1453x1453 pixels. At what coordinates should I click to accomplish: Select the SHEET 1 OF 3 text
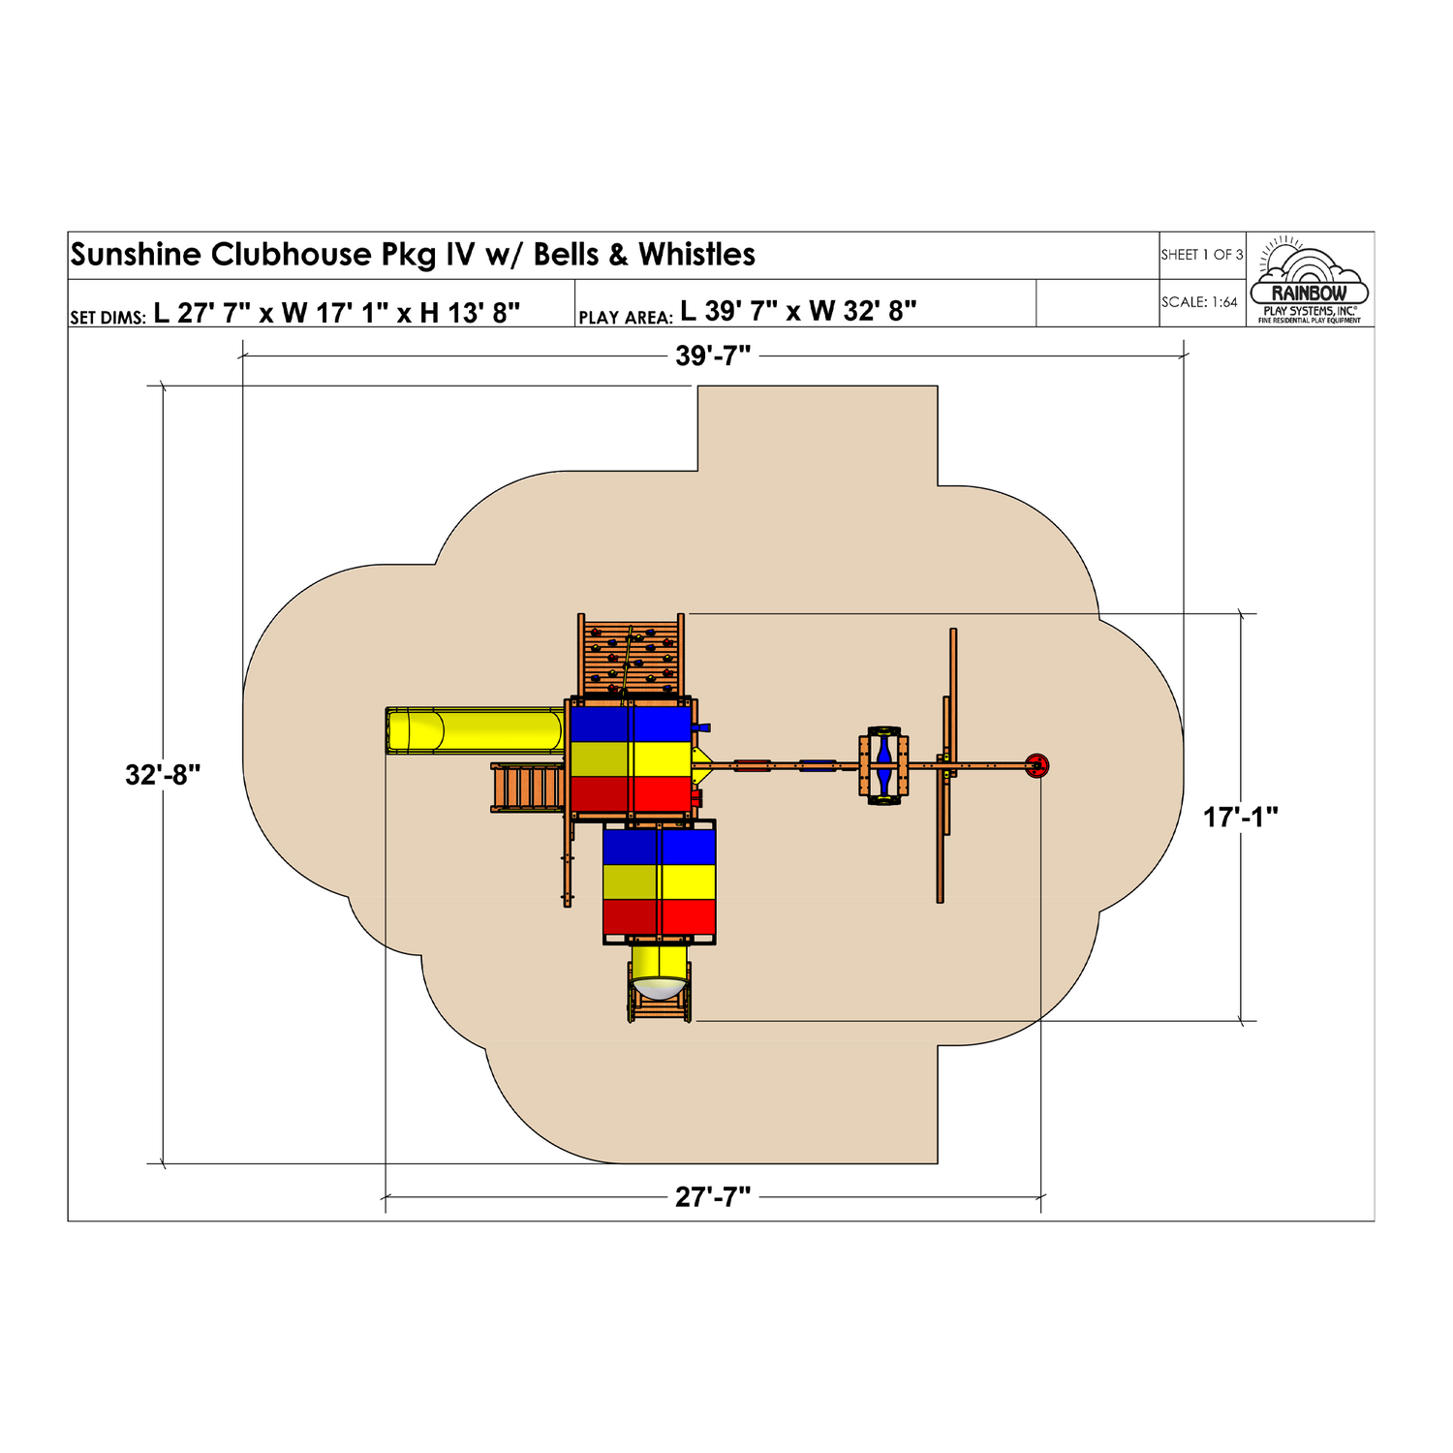click(1201, 255)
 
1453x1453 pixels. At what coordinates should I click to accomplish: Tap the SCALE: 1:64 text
click(1199, 302)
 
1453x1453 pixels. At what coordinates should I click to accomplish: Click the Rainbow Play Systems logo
click(1309, 281)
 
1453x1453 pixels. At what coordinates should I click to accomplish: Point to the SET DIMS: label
click(108, 317)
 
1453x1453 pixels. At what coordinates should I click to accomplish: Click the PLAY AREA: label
click(625, 317)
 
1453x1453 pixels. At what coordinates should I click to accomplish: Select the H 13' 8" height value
click(470, 312)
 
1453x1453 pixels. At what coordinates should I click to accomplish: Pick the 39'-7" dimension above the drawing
click(713, 356)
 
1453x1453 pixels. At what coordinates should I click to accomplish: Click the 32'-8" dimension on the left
click(163, 775)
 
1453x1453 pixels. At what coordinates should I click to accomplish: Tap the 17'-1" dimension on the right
click(1240, 818)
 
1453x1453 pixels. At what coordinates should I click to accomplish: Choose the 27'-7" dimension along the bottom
click(713, 1198)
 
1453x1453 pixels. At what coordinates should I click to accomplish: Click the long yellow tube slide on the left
click(475, 730)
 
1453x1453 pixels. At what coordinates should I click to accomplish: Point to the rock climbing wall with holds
click(632, 657)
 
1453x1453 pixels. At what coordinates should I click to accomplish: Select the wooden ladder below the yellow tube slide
click(528, 787)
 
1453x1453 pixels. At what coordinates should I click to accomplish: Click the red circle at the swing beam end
click(1036, 765)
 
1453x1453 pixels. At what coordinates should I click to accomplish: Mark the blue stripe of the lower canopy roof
click(659, 846)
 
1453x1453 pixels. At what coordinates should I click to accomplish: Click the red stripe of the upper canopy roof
click(631, 795)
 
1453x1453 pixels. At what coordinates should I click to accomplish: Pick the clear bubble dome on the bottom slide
click(659, 988)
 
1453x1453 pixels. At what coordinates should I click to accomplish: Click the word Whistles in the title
click(696, 255)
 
